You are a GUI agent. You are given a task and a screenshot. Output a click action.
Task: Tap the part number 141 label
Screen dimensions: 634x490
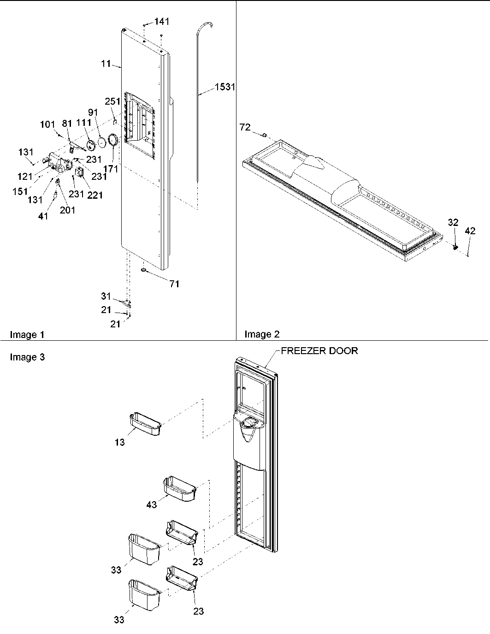(161, 21)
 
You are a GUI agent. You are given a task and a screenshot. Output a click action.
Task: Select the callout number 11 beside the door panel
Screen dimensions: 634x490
(106, 64)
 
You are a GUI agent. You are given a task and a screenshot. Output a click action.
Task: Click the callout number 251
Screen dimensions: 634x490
(112, 101)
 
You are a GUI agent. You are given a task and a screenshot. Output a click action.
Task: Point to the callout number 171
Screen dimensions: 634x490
(111, 169)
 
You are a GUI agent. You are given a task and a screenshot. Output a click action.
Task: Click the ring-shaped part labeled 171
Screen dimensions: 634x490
(113, 140)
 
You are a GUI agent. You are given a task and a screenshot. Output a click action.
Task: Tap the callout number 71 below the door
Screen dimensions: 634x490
(174, 284)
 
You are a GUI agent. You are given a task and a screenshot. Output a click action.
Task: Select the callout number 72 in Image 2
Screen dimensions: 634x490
(245, 127)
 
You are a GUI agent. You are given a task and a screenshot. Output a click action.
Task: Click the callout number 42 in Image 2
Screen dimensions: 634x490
(470, 232)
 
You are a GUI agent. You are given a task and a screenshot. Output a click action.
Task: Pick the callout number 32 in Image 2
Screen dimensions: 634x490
(453, 223)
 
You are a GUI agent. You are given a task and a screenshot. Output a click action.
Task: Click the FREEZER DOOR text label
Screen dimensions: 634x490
(319, 351)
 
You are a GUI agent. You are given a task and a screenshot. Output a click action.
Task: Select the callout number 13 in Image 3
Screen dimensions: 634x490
(119, 443)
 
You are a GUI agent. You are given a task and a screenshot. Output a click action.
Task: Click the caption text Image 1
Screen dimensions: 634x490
(27, 335)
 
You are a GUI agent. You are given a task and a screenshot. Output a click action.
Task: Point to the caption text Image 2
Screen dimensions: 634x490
(262, 334)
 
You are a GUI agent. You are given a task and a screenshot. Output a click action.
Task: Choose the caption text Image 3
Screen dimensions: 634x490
(27, 357)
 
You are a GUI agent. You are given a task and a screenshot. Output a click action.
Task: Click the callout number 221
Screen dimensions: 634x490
(95, 195)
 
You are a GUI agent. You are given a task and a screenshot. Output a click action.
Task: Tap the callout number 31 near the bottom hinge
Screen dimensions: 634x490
(106, 296)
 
